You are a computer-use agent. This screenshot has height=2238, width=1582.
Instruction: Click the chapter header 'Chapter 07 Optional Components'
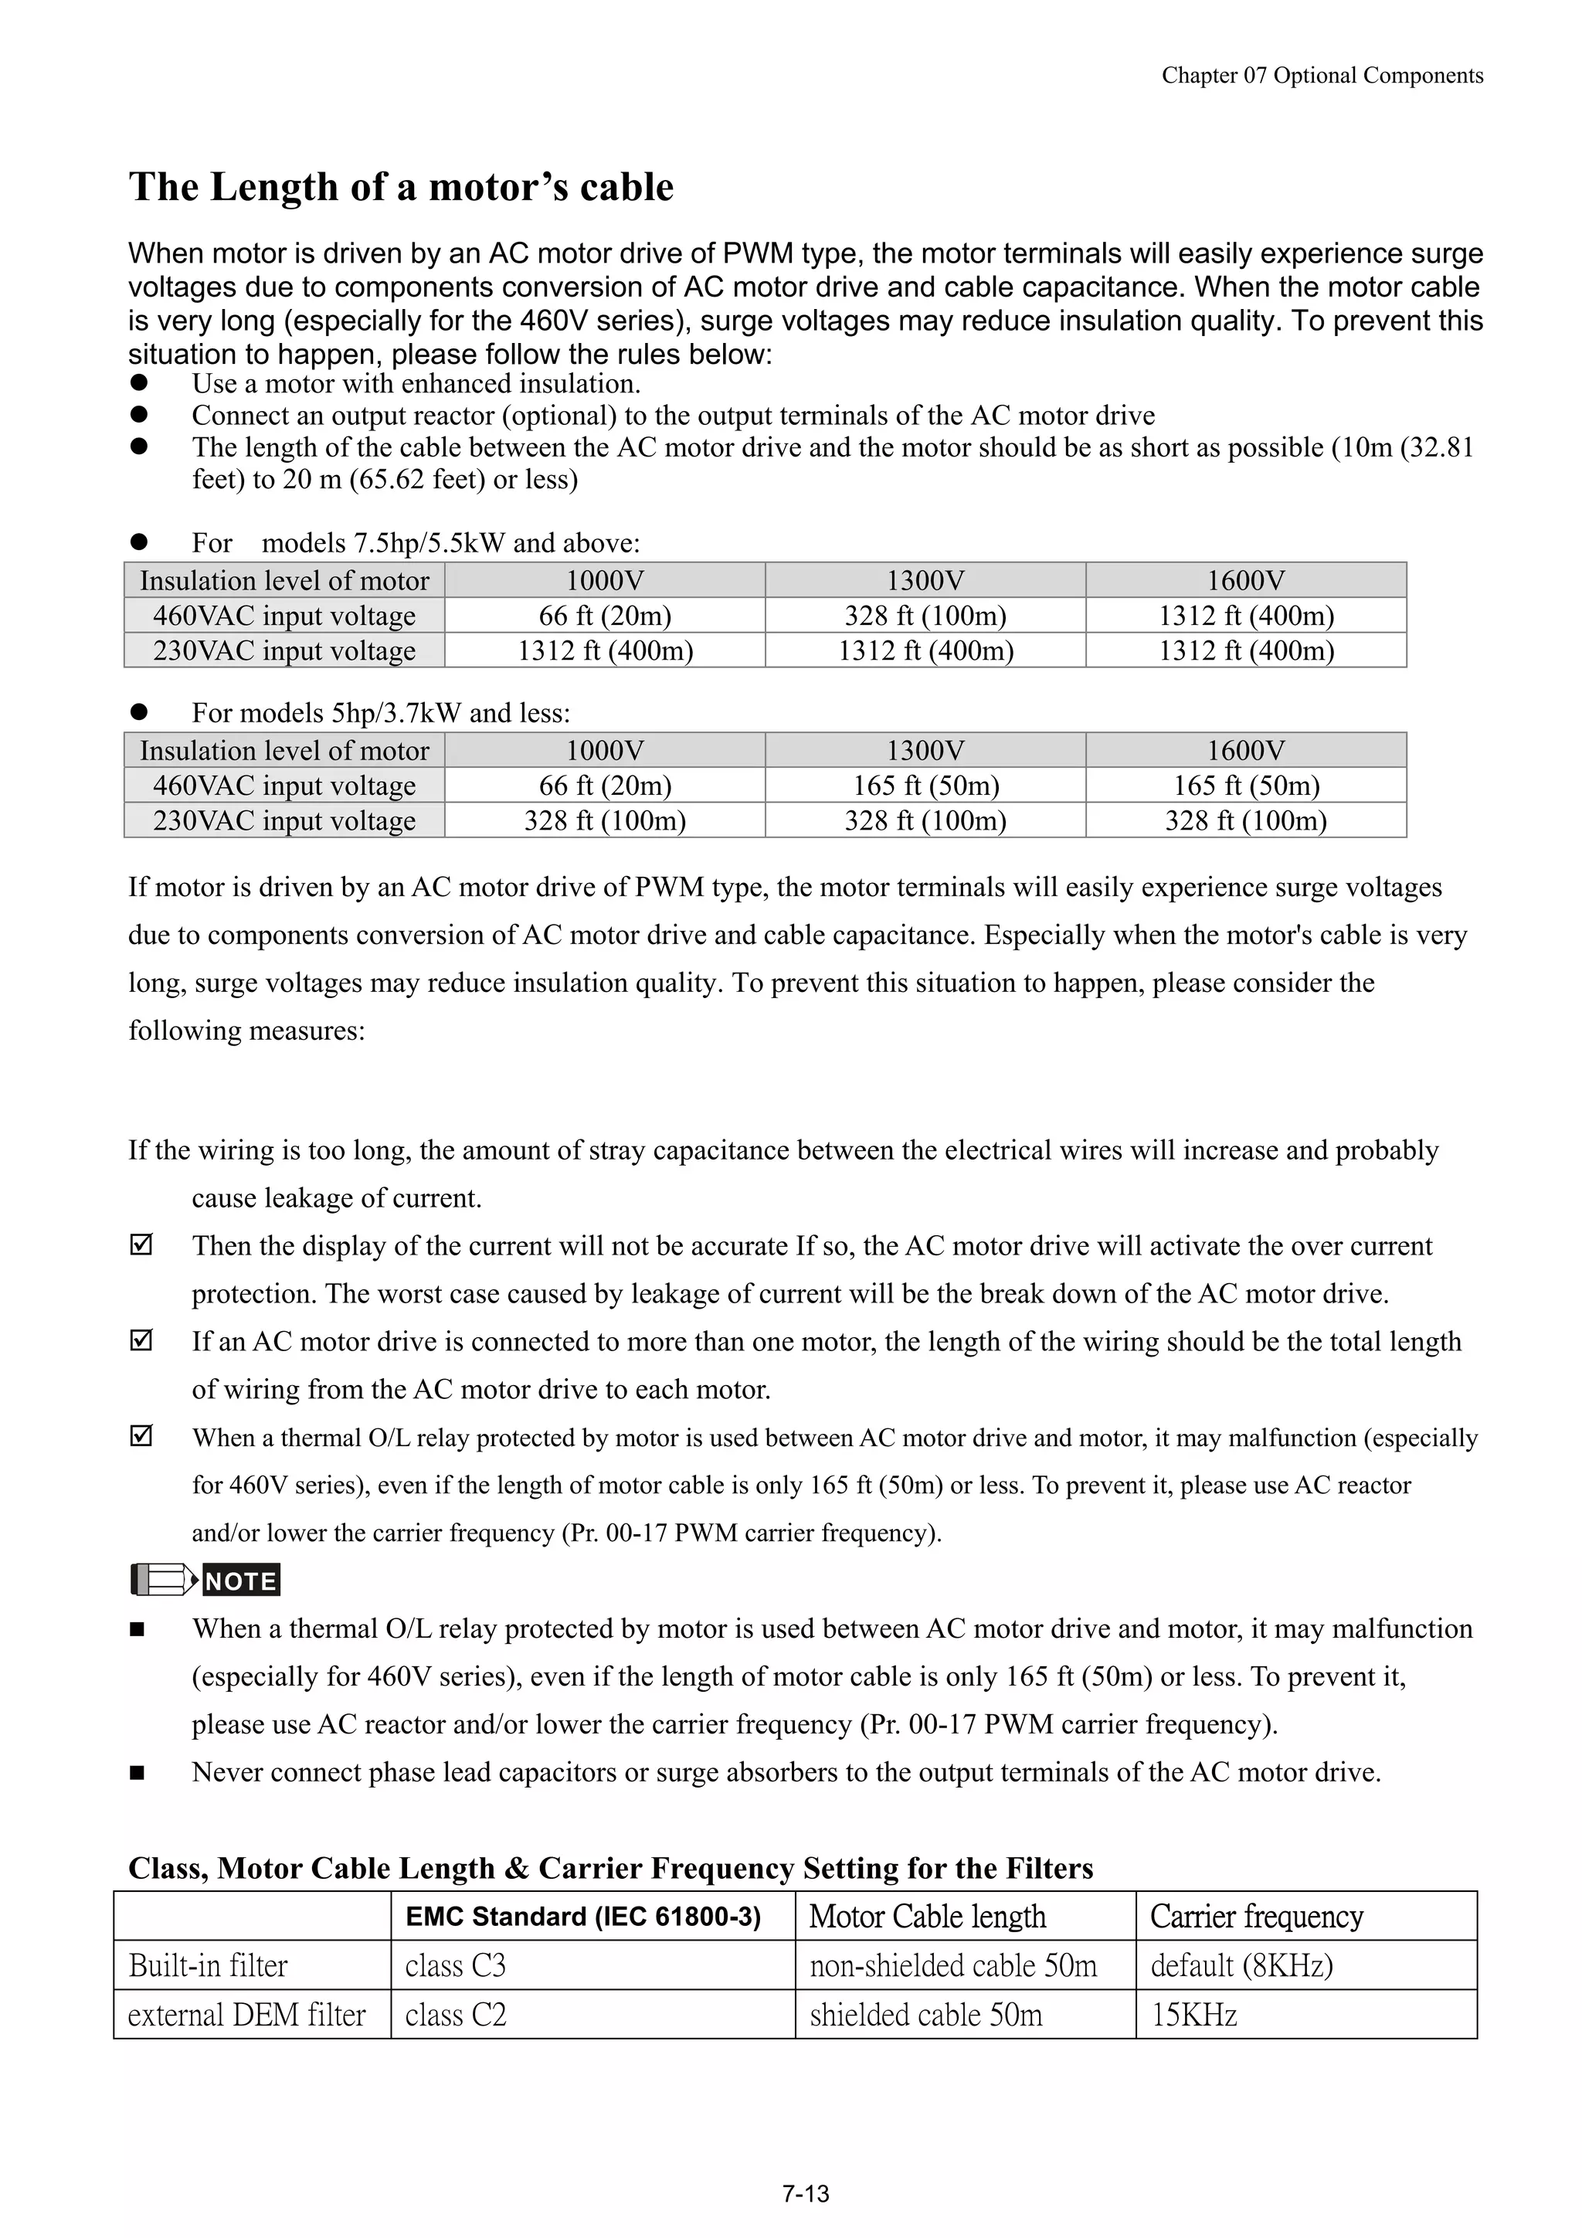(1322, 76)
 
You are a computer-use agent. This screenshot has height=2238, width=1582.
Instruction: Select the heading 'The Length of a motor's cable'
(401, 187)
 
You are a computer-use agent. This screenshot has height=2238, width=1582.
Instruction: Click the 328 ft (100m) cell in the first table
(925, 616)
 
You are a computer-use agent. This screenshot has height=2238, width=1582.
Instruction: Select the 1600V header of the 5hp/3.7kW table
(1246, 751)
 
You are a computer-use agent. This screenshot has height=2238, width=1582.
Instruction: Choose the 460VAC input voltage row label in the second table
(283, 786)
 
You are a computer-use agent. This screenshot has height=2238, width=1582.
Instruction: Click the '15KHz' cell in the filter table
(1194, 2015)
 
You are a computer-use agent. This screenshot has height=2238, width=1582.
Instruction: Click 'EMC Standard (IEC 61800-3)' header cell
(583, 1917)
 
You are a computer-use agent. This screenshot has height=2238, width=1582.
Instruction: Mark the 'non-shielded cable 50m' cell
(952, 1965)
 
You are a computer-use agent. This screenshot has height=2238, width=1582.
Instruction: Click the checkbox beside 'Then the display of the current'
(141, 1246)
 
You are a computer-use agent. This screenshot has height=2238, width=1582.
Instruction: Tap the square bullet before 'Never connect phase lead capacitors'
(137, 1773)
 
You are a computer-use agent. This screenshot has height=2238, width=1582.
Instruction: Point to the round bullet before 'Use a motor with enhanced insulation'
(138, 384)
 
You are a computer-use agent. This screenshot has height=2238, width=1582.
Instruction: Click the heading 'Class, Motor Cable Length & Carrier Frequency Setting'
(610, 1868)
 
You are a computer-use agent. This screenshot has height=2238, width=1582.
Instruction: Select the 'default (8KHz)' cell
(1241, 1965)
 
